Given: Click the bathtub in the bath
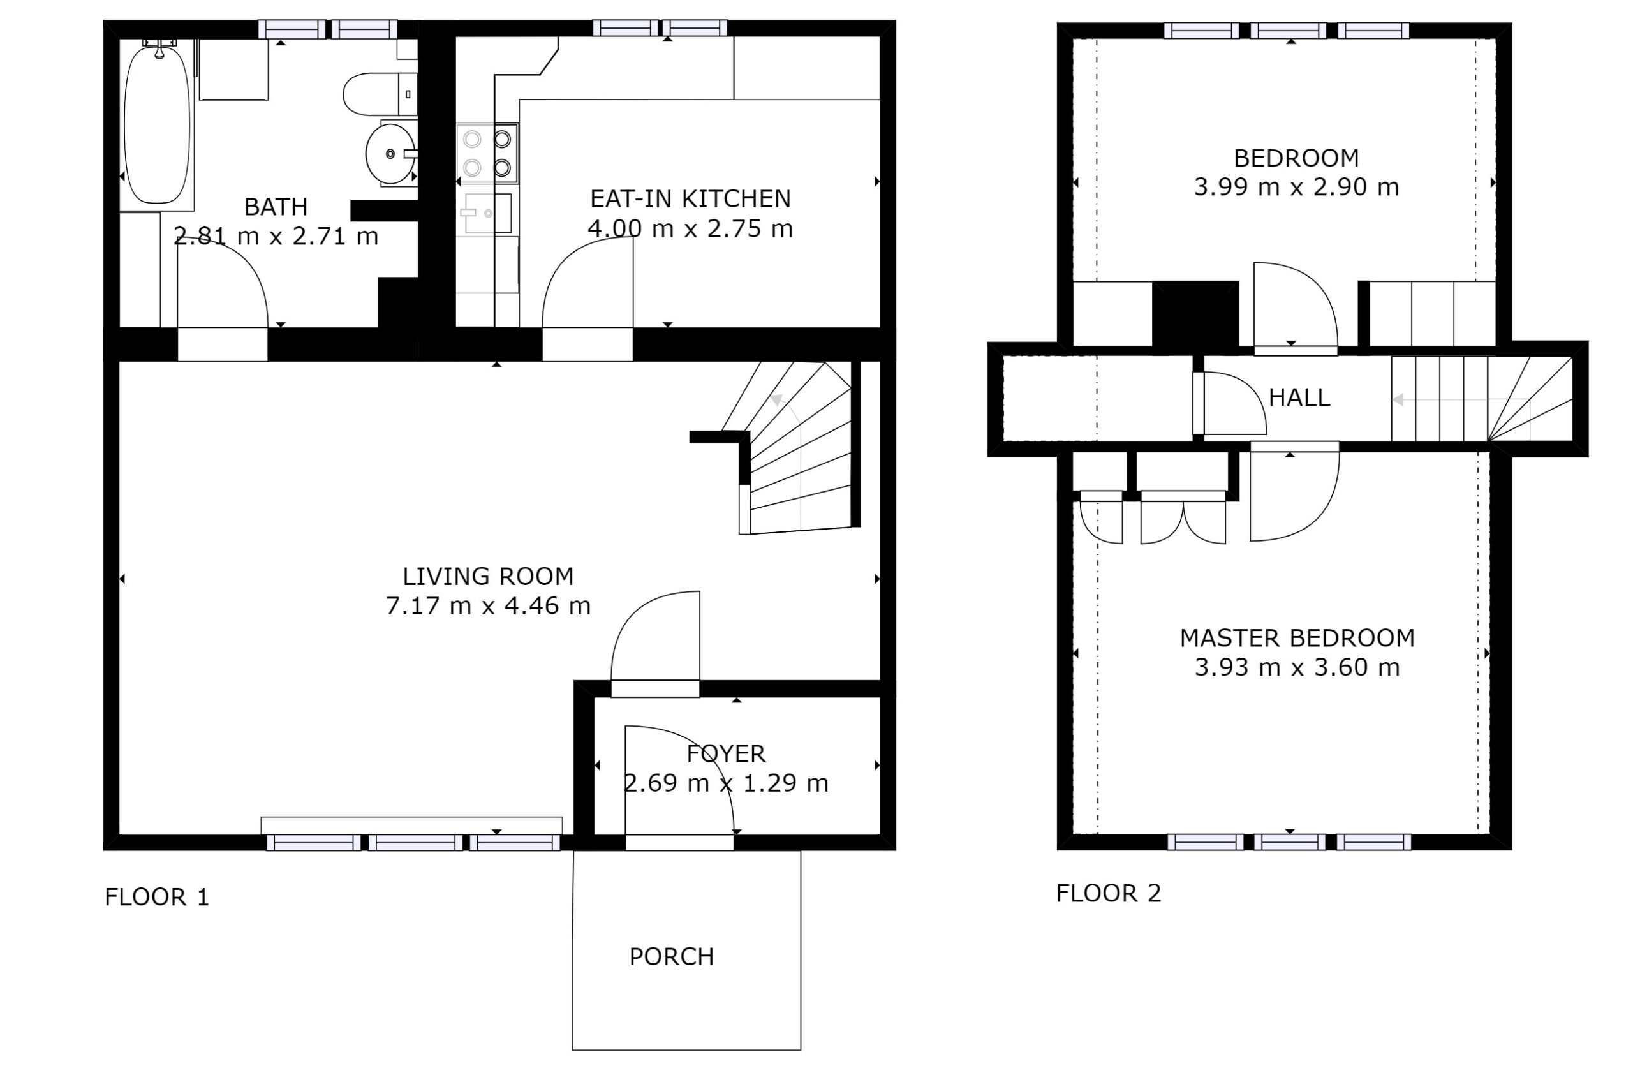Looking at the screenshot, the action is click(x=157, y=125).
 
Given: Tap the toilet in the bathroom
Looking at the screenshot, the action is click(x=380, y=94).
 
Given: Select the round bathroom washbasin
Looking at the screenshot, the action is click(x=391, y=154).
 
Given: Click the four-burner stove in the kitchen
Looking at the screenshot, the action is click(x=487, y=154).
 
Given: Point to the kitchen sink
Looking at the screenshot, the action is click(x=488, y=213).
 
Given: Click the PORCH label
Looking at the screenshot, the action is click(x=672, y=957).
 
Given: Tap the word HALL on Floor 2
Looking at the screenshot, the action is click(x=1299, y=398).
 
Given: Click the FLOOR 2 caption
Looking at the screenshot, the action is click(x=1109, y=893).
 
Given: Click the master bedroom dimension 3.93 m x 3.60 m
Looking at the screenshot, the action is click(x=1297, y=667).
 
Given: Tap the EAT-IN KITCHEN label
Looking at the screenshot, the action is click(x=690, y=199).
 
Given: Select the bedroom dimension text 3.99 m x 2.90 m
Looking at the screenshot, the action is click(x=1296, y=187).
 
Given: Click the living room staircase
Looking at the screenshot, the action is click(x=799, y=448).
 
